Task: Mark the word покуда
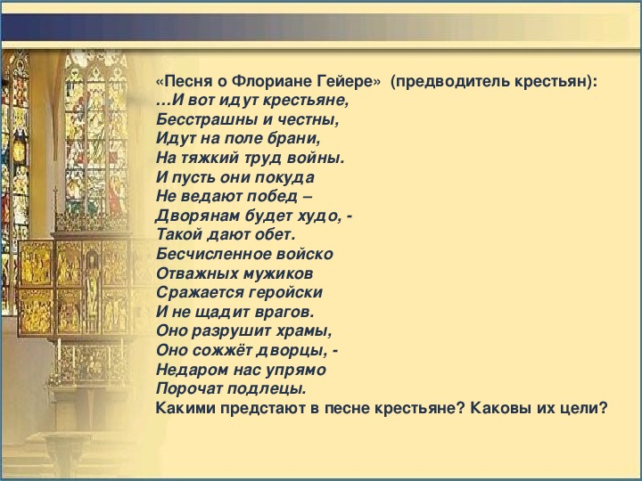pos(284,177)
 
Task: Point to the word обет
pos(275,235)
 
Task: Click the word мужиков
pos(278,273)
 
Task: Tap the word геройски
pos(286,292)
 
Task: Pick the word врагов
pos(284,312)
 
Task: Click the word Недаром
pos(192,370)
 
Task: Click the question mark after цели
pos(603,408)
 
